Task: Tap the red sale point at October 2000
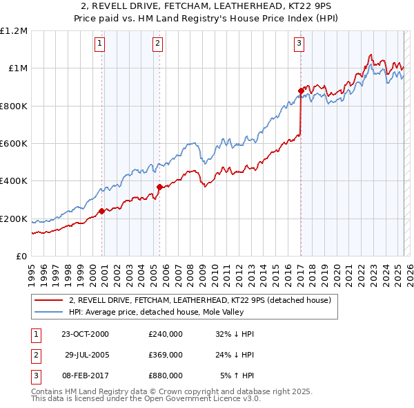click(x=101, y=212)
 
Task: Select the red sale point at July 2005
click(x=159, y=187)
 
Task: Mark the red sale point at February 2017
click(x=301, y=91)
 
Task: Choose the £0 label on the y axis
click(x=21, y=257)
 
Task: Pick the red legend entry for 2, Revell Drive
click(x=200, y=300)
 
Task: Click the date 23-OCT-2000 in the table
click(x=85, y=333)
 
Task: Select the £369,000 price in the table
click(x=166, y=355)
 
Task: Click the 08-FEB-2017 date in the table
click(x=85, y=375)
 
